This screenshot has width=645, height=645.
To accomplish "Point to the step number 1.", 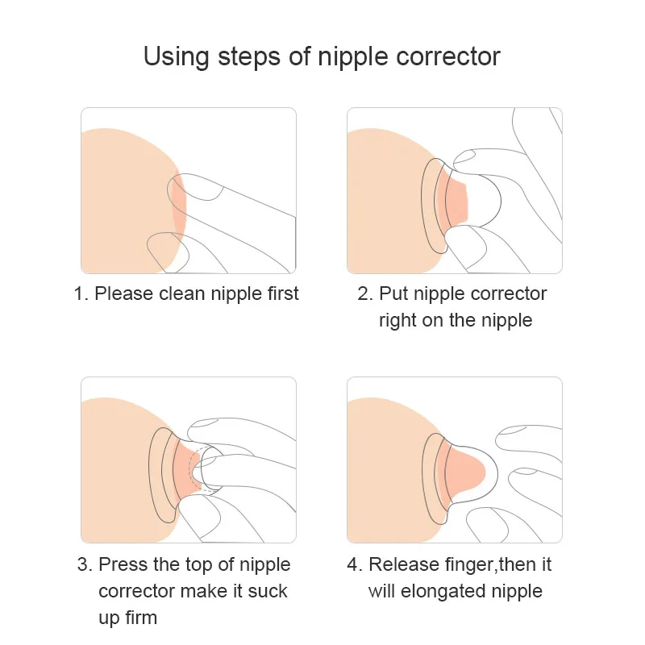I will click(80, 293).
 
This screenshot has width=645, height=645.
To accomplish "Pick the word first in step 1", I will click(279, 293).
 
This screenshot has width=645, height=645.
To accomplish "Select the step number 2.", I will click(364, 293).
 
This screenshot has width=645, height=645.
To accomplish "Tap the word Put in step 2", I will click(393, 293).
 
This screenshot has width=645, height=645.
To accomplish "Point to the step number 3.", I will click(84, 564).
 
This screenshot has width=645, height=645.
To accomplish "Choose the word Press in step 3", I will click(123, 564).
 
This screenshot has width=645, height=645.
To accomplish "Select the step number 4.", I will click(353, 564).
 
